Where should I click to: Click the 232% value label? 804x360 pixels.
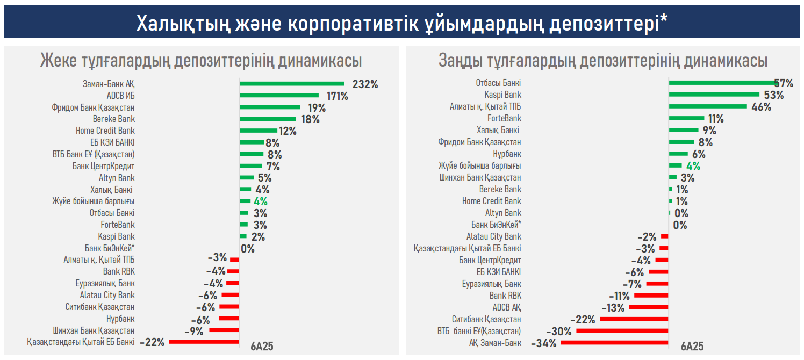[x=365, y=84]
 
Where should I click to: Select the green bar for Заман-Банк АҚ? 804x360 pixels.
[x=291, y=84]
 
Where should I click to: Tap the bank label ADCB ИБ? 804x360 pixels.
[x=120, y=96]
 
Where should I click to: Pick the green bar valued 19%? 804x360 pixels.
[x=270, y=107]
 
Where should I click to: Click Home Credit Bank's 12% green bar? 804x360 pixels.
[x=258, y=131]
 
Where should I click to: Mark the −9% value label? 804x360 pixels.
[x=193, y=331]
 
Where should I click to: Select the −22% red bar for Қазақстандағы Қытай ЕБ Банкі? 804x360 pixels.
[x=204, y=342]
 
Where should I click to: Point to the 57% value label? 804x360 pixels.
[x=784, y=83]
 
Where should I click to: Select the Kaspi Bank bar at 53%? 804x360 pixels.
[x=714, y=95]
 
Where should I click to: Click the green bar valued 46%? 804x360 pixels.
[x=708, y=106]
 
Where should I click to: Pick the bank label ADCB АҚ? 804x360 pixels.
[x=507, y=307]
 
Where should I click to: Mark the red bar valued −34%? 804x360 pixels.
[x=614, y=343]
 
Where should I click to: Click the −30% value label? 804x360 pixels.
[x=558, y=331]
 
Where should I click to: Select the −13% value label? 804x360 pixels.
[x=613, y=307]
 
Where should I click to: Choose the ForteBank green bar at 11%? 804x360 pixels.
[x=686, y=118]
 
